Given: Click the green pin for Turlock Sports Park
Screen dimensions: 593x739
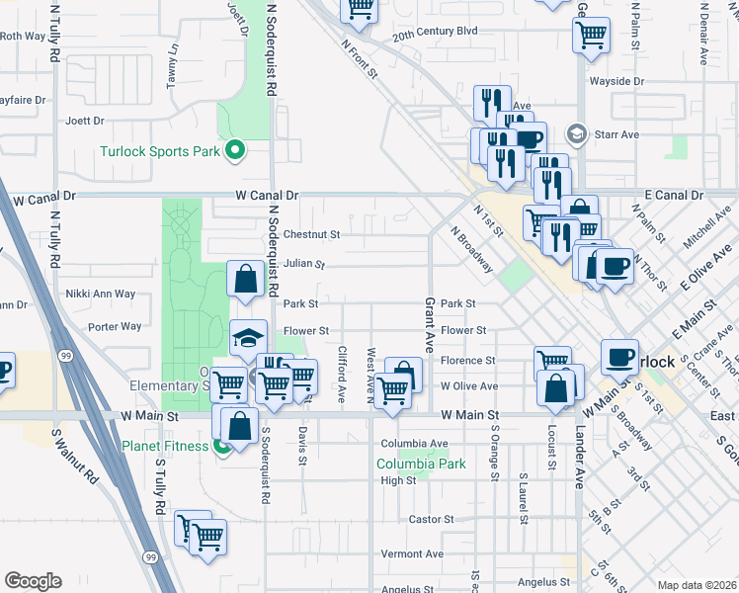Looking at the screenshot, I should [235, 151].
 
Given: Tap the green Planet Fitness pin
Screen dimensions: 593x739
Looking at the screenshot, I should [219, 446].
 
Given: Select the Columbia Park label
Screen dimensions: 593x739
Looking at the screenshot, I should [421, 464].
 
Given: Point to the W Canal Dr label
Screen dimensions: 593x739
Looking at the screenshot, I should [266, 196].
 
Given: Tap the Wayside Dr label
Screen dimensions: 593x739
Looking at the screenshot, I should [616, 81].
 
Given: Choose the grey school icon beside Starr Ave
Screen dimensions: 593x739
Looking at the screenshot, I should [577, 133].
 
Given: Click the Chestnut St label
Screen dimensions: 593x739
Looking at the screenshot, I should [311, 235].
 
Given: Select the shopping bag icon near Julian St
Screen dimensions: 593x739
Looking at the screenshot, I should [244, 281].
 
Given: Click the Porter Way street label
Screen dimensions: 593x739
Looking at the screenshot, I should [115, 326].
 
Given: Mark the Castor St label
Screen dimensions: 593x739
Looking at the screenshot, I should [431, 519].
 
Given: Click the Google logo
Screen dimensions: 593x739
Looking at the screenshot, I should [33, 580].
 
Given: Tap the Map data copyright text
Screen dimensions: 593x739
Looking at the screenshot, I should [697, 585].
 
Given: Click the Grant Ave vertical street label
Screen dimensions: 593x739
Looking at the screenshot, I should [430, 325].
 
